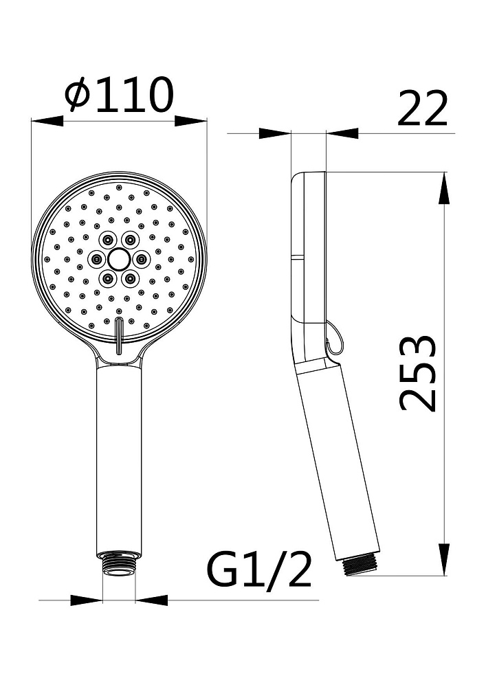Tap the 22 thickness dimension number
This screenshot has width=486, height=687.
pos(422,109)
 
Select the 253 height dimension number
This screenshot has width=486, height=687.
pos(419,373)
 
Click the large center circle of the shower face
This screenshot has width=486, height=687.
pos(118,259)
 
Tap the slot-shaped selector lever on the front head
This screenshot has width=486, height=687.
pos(118,336)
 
